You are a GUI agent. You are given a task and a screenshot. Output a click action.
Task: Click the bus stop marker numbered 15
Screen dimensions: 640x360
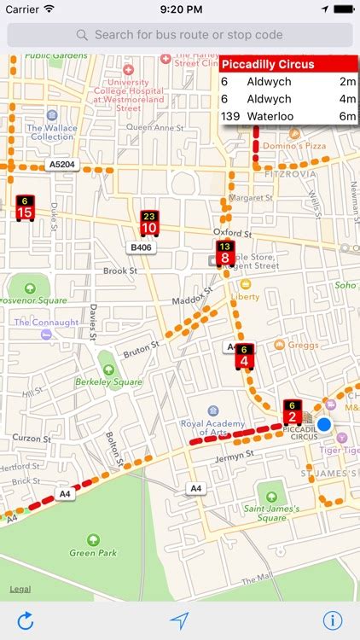pyautogui.click(x=25, y=208)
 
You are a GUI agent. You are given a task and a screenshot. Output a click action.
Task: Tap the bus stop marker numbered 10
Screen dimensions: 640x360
pyautogui.click(x=149, y=224)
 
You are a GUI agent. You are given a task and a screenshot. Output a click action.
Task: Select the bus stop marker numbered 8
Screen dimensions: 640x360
pyautogui.click(x=224, y=253)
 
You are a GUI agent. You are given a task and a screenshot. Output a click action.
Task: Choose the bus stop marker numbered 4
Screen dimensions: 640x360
pyautogui.click(x=244, y=357)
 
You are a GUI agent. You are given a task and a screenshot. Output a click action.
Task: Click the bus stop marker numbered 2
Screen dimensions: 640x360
pyautogui.click(x=292, y=414)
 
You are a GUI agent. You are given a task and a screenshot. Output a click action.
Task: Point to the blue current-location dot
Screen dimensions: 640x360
pyautogui.click(x=323, y=424)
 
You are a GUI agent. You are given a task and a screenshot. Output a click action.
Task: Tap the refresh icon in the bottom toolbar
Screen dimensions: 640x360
pyautogui.click(x=26, y=620)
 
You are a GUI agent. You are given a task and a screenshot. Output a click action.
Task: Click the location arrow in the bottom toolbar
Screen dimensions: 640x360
pyautogui.click(x=179, y=620)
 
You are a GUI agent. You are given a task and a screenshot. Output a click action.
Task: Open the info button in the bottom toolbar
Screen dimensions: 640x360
pyautogui.click(x=333, y=620)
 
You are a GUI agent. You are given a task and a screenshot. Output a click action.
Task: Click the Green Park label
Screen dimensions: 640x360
pyautogui.click(x=94, y=553)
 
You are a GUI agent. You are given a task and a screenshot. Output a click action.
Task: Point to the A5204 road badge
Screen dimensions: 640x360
pyautogui.click(x=62, y=165)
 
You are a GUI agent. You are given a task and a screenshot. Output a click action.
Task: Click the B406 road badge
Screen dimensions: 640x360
pyautogui.click(x=140, y=247)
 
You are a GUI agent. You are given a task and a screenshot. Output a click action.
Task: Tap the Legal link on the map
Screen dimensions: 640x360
pyautogui.click(x=20, y=590)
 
